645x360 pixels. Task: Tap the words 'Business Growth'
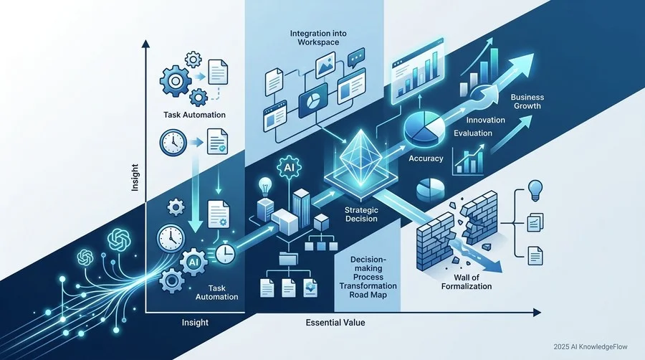pyautogui.click(x=527, y=102)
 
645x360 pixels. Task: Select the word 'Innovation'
pyautogui.click(x=485, y=120)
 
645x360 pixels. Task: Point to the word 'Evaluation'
pyautogui.click(x=473, y=133)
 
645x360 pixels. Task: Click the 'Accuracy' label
pyautogui.click(x=426, y=158)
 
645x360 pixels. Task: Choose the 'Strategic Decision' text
pyautogui.click(x=361, y=214)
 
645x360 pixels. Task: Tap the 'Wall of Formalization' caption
pyautogui.click(x=467, y=282)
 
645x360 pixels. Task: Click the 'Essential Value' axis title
pyautogui.click(x=335, y=323)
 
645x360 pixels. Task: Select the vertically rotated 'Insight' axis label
pyautogui.click(x=135, y=177)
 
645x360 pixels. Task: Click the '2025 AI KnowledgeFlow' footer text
pyautogui.click(x=591, y=347)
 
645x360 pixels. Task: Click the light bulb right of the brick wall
pyautogui.click(x=535, y=190)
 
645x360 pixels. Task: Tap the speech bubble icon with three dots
pyautogui.click(x=356, y=58)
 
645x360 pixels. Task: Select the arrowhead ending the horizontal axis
pyautogui.click(x=537, y=313)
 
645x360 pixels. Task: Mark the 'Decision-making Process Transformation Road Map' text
pyautogui.click(x=368, y=277)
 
